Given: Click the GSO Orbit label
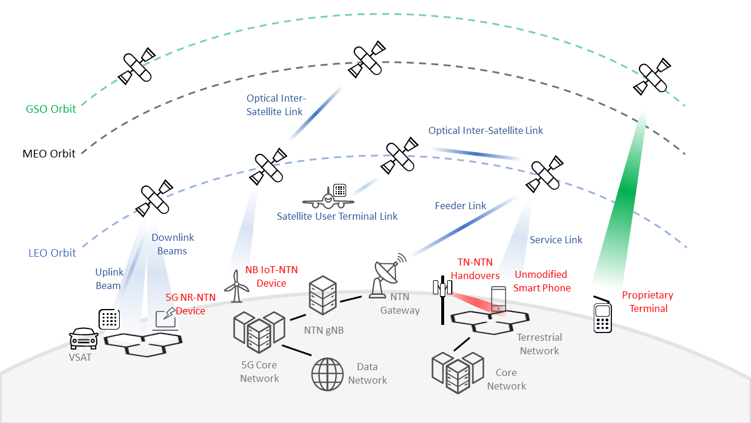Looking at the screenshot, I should [51, 109].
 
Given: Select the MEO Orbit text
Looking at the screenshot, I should [49, 154].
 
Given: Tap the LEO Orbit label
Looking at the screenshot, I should [52, 253].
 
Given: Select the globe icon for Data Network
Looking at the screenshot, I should [327, 374].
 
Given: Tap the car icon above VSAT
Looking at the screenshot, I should [83, 338].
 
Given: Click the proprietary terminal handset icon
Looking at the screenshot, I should [603, 318].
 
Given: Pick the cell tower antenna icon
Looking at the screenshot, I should [443, 300].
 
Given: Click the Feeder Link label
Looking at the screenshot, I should [461, 206].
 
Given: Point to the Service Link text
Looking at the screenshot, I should [556, 240].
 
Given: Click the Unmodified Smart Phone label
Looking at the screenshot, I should [542, 281].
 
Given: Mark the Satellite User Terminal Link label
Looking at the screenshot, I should [337, 217].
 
